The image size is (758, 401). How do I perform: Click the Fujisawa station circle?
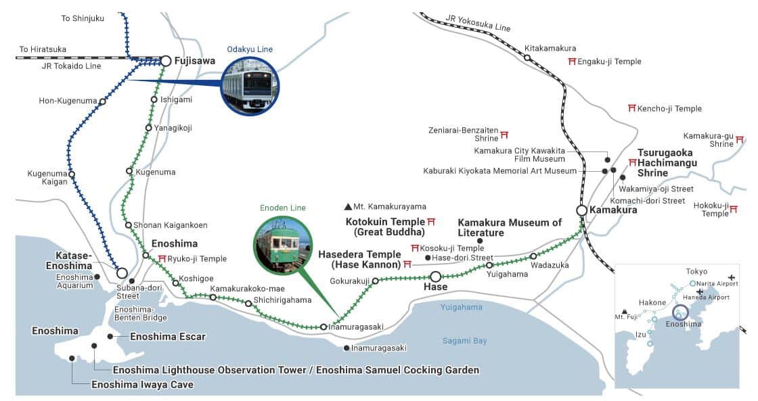pyautogui.click(x=165, y=61)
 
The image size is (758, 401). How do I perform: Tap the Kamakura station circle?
pyautogui.click(x=581, y=210)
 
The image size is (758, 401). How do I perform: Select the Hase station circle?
pyautogui.click(x=435, y=276)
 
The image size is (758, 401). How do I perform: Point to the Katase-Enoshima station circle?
pyautogui.click(x=122, y=273)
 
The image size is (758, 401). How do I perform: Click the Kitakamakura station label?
pyautogui.click(x=550, y=49)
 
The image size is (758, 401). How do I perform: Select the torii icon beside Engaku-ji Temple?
pyautogui.click(x=572, y=62)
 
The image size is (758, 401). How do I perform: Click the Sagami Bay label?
pyautogui.click(x=464, y=341)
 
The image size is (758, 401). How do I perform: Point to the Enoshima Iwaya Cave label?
pyautogui.click(x=142, y=385)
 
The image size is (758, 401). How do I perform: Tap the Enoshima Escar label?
pyautogui.click(x=167, y=336)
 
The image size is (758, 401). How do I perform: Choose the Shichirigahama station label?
pyautogui.click(x=282, y=300)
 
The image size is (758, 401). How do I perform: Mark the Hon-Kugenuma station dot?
pyautogui.click(x=102, y=101)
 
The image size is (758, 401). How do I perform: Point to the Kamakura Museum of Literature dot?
pyautogui.click(x=480, y=241)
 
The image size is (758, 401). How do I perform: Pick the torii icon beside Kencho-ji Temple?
pyautogui.click(x=632, y=108)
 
